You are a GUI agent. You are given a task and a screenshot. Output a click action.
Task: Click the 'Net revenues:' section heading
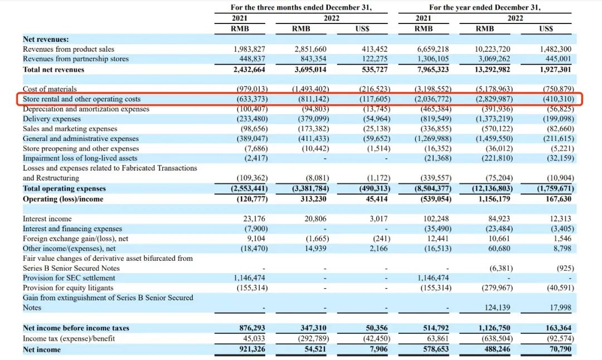46,39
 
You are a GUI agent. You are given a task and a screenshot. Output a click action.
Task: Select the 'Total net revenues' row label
54,70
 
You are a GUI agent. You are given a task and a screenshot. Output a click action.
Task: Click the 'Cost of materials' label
50,89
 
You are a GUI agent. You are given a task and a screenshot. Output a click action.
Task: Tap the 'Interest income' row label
47,219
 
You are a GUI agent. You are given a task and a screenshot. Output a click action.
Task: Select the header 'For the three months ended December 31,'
301,8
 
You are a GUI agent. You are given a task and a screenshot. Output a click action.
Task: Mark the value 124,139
494,308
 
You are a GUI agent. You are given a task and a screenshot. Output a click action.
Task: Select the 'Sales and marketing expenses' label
70,129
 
